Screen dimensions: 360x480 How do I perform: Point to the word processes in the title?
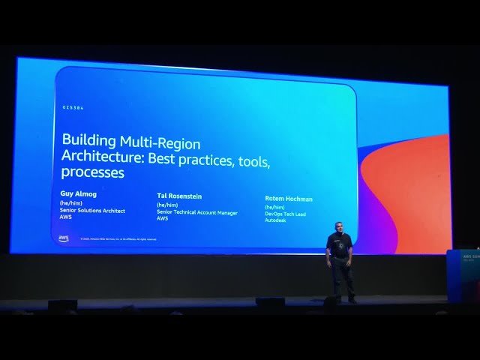[93, 172]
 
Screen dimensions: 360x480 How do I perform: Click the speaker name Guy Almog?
[79, 193]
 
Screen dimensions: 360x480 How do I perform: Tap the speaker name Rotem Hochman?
[289, 199]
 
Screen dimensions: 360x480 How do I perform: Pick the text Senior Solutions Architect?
[93, 211]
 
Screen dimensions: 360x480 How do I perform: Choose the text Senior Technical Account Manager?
[197, 212]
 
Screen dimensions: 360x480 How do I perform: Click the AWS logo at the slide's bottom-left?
[64, 238]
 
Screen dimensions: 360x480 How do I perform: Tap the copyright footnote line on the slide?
[118, 239]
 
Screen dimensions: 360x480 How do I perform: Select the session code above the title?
[73, 109]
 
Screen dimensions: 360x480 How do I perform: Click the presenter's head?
[339, 227]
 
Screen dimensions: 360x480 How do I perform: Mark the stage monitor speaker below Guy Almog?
[62, 304]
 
